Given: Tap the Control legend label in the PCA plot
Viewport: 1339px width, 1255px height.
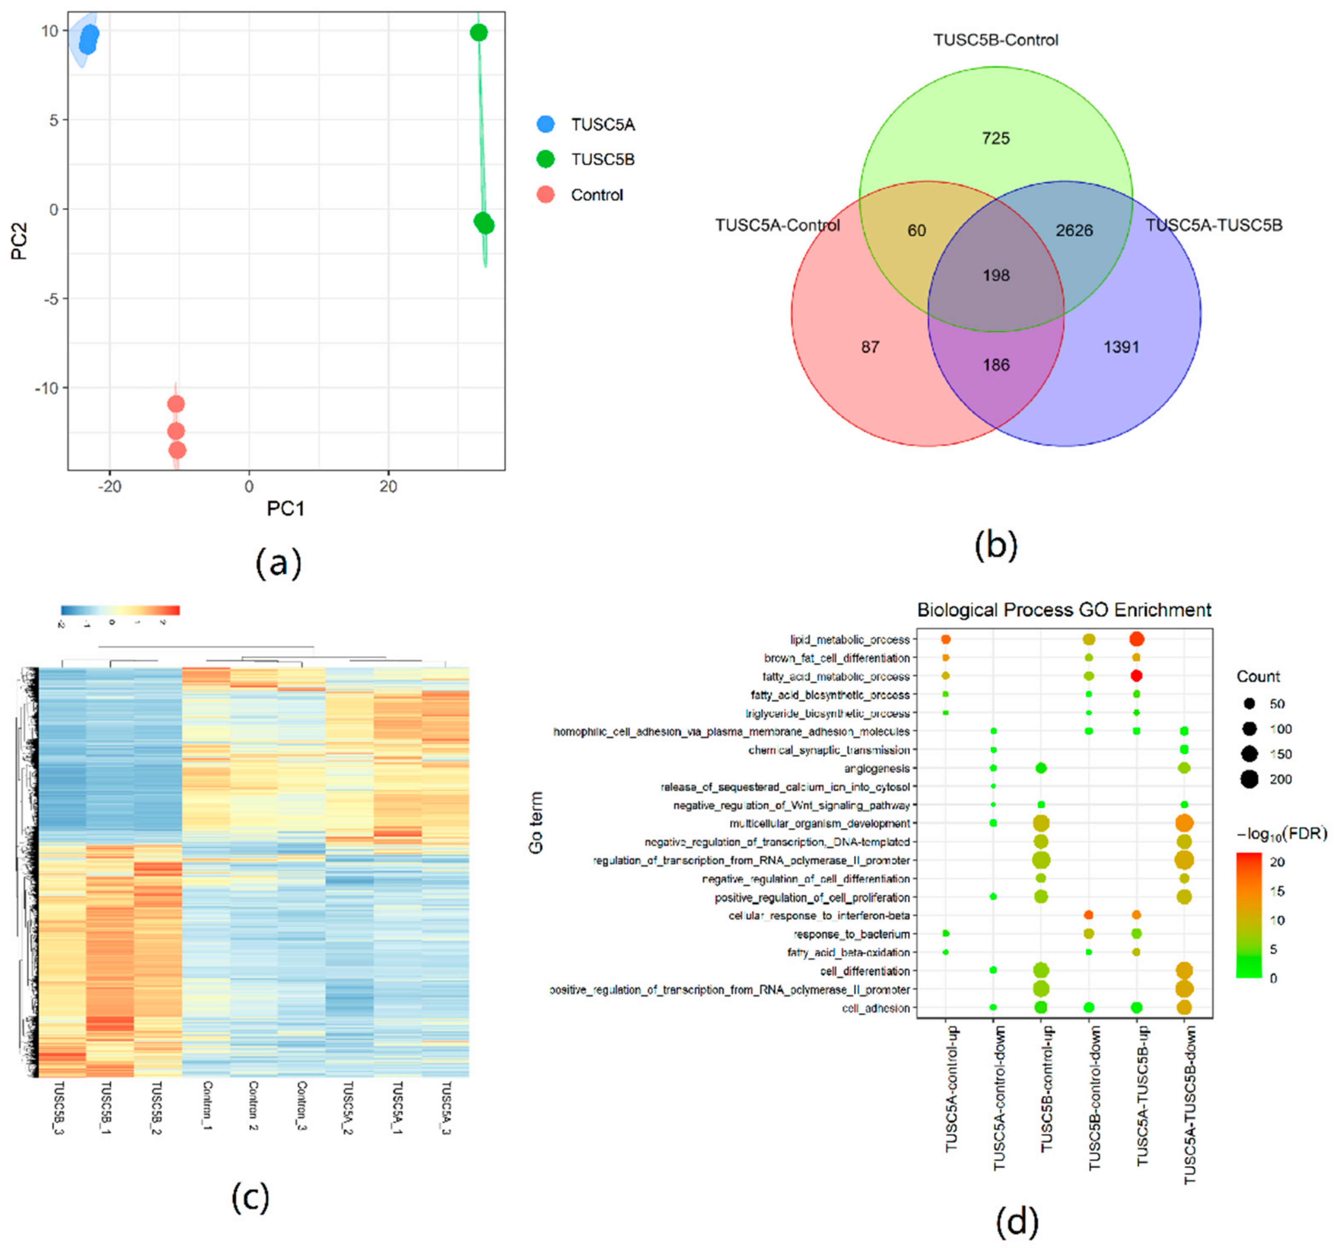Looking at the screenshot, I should pos(597,195).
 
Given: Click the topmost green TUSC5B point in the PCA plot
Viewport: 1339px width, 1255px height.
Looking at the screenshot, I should pos(478,32).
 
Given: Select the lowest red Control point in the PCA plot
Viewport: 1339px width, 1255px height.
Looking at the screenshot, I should pos(177,450).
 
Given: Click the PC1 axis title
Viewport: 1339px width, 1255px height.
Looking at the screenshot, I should pos(285,509).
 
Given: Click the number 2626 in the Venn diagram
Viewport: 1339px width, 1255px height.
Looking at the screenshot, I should pos(1074,230).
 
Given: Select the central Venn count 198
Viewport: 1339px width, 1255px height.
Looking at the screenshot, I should pos(995,275).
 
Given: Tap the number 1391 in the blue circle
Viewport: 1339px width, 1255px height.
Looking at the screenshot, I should pos(1121,347).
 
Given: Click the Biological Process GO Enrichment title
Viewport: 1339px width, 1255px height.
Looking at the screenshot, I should pos(1064,610).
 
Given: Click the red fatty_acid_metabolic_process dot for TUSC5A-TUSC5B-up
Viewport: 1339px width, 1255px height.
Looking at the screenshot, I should pos(1136,676).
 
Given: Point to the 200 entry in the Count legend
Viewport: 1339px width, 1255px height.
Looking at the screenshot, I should pos(1280,779).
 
